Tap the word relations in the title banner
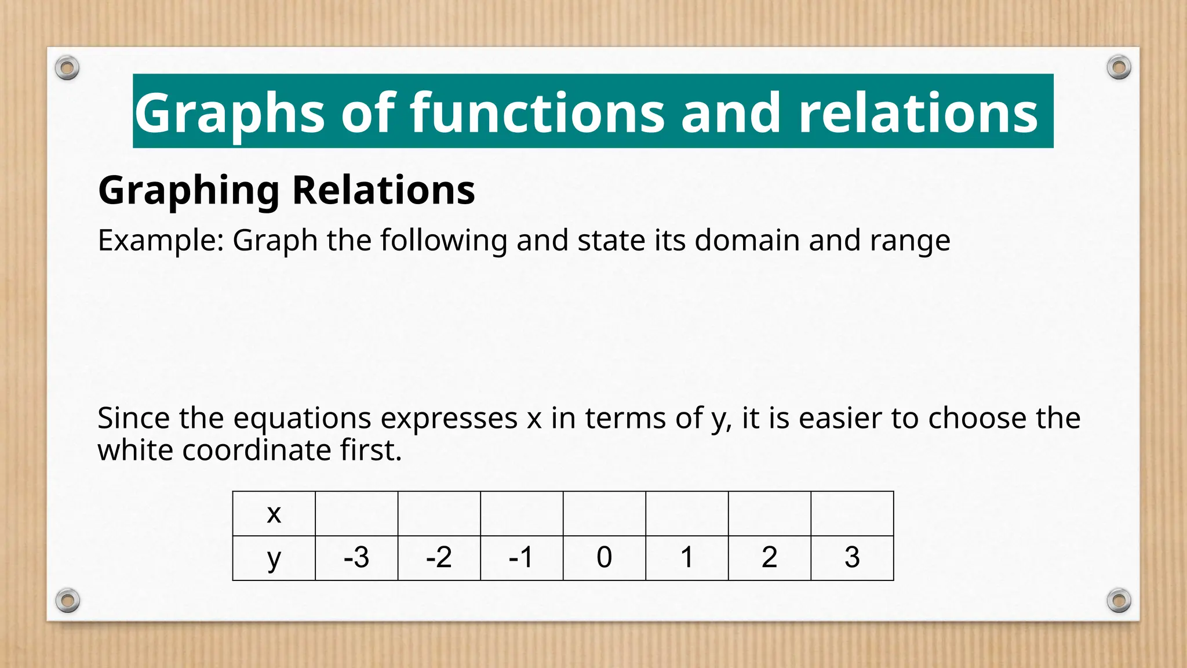click(917, 112)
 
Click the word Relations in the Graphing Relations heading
click(383, 190)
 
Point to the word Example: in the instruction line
click(161, 240)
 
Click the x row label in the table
click(274, 513)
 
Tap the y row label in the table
click(274, 558)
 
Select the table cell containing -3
click(356, 558)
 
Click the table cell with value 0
click(604, 558)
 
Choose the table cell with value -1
click(521, 558)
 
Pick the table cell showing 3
click(851, 558)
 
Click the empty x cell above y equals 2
click(769, 513)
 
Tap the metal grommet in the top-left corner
click(67, 68)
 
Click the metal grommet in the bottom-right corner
click(1119, 600)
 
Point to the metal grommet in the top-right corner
click(1119, 68)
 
